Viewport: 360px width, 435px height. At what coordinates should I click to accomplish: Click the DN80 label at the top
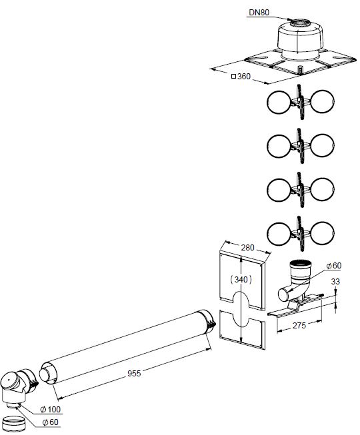point(259,12)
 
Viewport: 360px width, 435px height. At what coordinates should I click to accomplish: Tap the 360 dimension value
point(244,77)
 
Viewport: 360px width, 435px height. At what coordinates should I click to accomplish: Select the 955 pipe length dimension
point(134,374)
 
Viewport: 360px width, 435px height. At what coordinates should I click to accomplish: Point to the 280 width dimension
point(247,247)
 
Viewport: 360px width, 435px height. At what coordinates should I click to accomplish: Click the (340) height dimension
point(241,279)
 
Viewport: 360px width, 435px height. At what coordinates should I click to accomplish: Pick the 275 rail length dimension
point(299,325)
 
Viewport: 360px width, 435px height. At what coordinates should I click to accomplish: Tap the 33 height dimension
point(335,282)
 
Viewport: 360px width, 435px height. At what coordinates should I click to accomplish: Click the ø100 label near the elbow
point(50,409)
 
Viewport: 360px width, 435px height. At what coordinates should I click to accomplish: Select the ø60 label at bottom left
point(50,422)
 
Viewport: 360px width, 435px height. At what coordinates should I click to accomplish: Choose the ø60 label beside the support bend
point(333,266)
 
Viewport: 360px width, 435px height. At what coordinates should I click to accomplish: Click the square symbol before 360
point(234,76)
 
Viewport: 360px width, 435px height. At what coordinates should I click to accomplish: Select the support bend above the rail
point(297,280)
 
